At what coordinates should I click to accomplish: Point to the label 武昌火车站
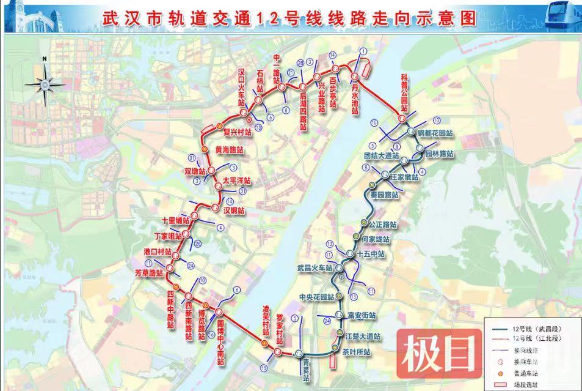[315, 268]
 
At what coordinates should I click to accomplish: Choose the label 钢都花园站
[435, 133]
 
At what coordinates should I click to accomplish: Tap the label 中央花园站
[317, 297]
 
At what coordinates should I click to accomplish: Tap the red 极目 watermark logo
[436, 353]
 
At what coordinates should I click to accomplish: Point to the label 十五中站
[371, 254]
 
